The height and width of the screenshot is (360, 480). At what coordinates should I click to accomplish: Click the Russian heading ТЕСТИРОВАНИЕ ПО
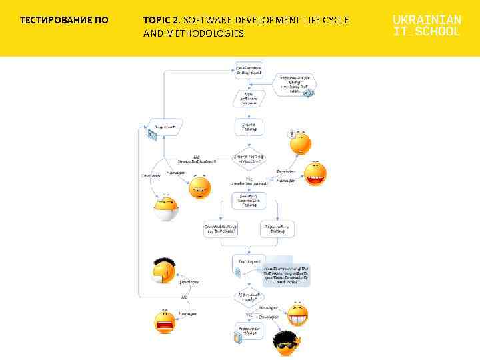[x=64, y=20]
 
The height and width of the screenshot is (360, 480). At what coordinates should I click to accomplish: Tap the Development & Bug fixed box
[x=248, y=71]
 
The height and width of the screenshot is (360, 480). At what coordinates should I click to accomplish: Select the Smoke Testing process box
[x=248, y=126]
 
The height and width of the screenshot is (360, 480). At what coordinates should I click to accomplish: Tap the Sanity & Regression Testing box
[x=248, y=200]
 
